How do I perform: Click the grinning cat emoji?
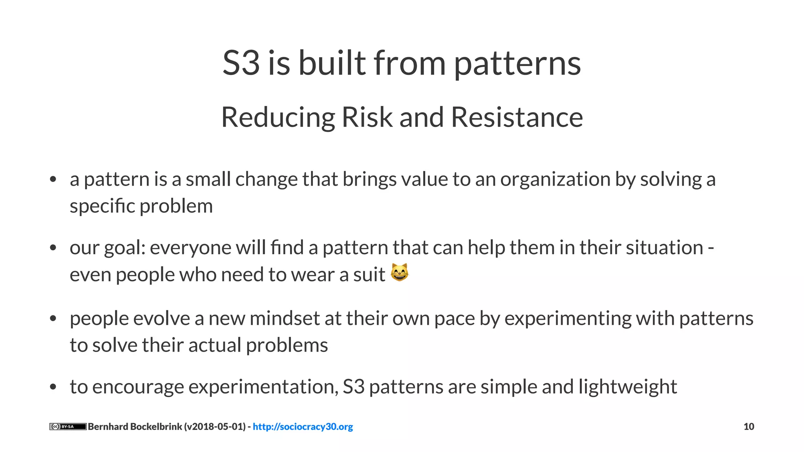point(400,272)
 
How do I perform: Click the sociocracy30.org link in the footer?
point(303,426)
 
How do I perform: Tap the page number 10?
point(749,426)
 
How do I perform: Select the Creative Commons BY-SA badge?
point(68,426)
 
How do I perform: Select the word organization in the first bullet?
point(555,180)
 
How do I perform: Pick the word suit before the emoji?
point(369,275)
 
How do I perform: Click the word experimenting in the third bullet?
point(568,319)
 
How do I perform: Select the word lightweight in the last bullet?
point(628,387)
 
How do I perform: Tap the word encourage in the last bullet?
point(138,387)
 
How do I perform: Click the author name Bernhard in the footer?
point(108,426)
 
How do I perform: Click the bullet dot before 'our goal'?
point(53,248)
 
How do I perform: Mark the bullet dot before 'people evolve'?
point(53,319)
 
